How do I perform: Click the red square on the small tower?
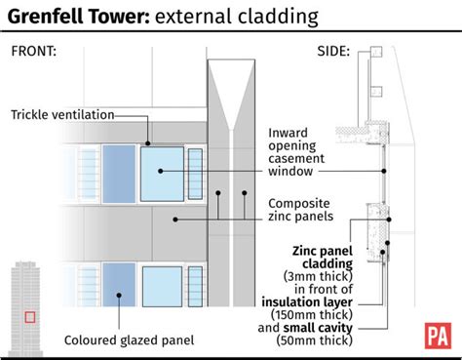[x=30, y=316]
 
